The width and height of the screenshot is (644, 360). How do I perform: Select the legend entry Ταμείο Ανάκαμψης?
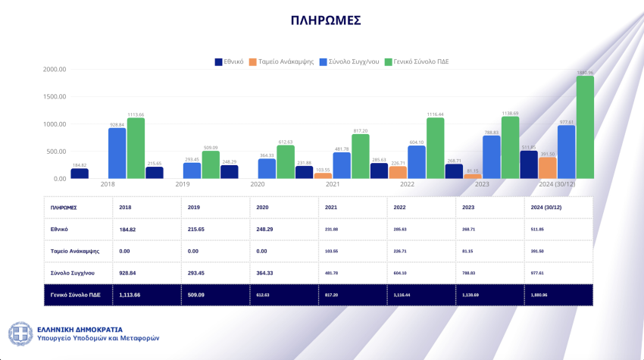[x=286, y=61]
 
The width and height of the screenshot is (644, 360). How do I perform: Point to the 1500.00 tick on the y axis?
[x=55, y=97]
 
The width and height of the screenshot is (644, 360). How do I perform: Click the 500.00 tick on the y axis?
[x=56, y=152]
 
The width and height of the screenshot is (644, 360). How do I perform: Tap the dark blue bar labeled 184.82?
[x=80, y=174]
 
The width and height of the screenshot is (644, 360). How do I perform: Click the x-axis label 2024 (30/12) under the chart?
[x=556, y=183]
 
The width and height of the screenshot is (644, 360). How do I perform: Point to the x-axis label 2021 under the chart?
[x=332, y=183]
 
